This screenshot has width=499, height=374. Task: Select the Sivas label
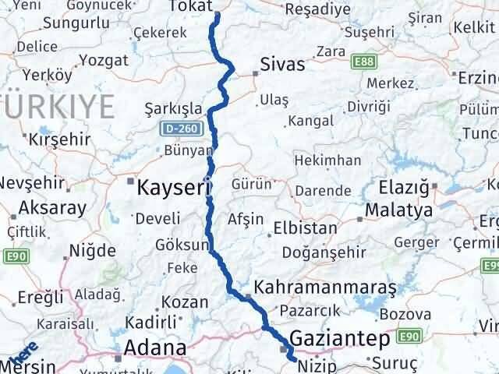[x=282, y=64]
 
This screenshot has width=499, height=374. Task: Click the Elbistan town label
[x=305, y=229]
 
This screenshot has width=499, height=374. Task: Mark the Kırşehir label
[x=59, y=140]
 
